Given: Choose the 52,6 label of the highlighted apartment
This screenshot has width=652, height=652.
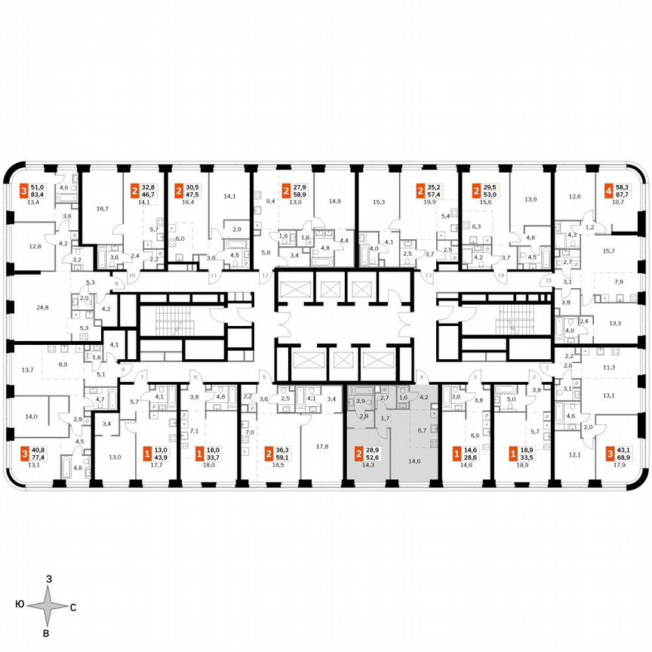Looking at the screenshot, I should (374, 457).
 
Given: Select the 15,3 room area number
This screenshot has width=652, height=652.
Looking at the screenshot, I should (379, 201).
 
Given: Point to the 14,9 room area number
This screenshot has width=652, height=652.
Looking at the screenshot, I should (334, 201).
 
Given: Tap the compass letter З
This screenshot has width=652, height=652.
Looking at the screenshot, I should (48, 578).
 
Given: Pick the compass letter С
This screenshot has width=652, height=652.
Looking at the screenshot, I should (73, 606).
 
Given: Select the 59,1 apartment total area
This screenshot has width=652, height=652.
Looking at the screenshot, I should (283, 457).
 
